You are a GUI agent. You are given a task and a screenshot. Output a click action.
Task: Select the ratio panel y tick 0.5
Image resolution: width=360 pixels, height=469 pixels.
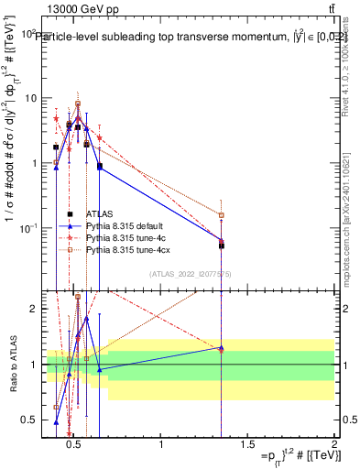coord(29,420)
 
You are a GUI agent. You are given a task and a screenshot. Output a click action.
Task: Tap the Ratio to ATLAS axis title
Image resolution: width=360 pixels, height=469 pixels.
coord(12,365)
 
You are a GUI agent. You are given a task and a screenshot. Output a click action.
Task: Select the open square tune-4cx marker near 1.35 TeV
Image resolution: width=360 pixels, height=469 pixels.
coord(222,215)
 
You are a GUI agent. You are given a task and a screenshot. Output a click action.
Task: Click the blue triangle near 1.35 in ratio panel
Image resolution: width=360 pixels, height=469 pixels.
coord(222,348)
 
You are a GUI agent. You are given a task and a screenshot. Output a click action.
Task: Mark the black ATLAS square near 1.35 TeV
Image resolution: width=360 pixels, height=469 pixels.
coord(222,245)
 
